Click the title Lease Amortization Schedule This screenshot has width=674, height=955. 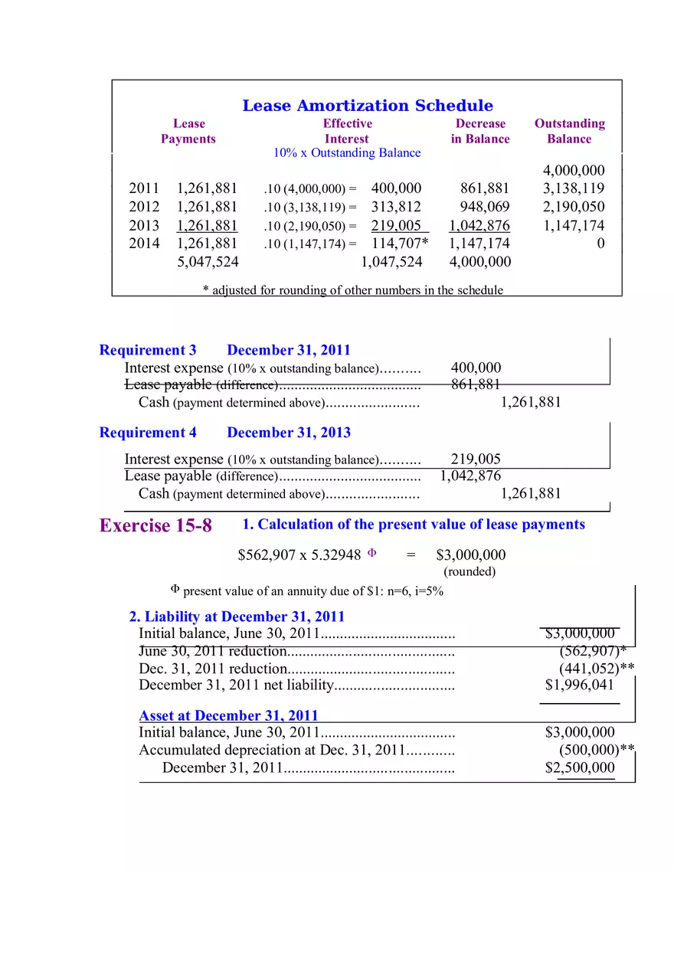point(368,106)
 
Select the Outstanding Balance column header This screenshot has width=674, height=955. point(569,131)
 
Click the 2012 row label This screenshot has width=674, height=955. point(144,207)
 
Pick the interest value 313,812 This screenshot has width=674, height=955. point(396,207)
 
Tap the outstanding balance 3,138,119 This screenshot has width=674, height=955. point(574,188)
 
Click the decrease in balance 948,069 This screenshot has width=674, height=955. point(484,207)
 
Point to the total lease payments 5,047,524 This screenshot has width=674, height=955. point(208,262)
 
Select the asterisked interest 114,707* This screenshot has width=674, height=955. point(400,244)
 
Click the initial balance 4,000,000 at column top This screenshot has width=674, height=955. point(574,170)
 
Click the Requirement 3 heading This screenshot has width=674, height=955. point(148,351)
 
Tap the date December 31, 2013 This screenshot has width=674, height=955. point(289,433)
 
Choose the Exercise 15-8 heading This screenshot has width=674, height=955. point(155,526)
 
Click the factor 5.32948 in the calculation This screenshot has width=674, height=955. point(336,555)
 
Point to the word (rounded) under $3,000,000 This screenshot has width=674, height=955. point(470,571)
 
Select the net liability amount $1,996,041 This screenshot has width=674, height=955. point(579,685)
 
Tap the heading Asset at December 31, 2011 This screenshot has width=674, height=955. point(228,716)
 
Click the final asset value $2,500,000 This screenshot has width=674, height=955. point(579,768)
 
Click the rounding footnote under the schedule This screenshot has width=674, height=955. point(352,290)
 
